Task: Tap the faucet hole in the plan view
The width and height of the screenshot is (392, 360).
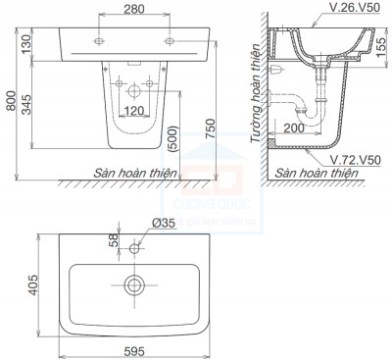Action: [x=133, y=249]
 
